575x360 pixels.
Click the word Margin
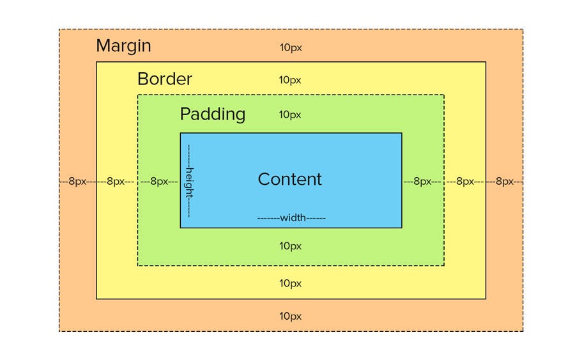123,46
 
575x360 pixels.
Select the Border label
164,79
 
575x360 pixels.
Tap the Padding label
212,114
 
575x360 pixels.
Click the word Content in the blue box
289,179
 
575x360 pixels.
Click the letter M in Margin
103,46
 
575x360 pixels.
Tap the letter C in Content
264,179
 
